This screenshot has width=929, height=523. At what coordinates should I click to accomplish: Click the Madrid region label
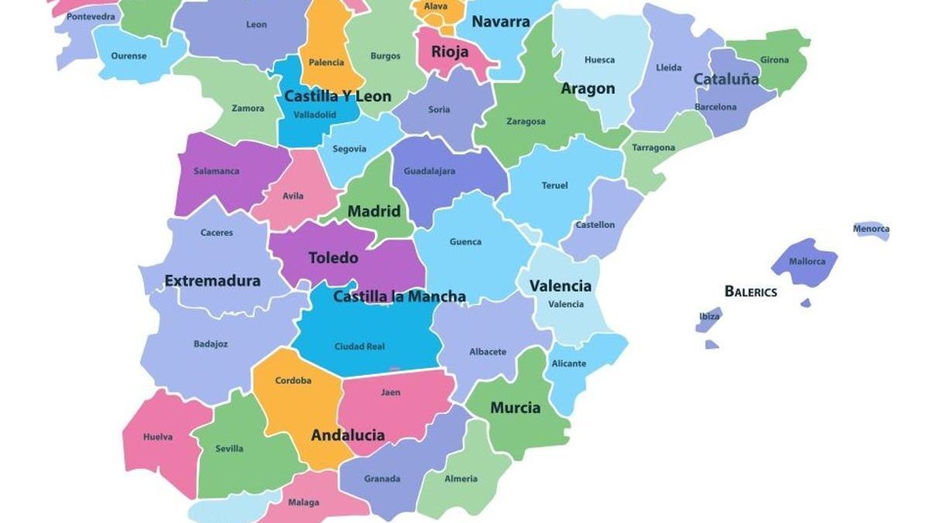[374, 212]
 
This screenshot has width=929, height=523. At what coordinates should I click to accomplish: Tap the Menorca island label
[871, 229]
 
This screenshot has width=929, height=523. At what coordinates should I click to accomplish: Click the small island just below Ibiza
[711, 345]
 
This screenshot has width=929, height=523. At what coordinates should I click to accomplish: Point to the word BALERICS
[750, 292]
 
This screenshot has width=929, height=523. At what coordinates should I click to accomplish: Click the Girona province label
[774, 60]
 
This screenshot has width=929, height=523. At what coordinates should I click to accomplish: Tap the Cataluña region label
[725, 79]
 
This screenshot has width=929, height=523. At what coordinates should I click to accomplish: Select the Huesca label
[599, 60]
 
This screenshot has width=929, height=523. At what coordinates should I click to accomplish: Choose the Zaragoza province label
[526, 122]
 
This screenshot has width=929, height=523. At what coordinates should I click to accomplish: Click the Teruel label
[554, 185]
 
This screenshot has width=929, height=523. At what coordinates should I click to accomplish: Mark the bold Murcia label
[515, 408]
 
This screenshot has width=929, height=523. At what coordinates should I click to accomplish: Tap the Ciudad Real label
[359, 346]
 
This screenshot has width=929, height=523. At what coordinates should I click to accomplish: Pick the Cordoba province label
[293, 380]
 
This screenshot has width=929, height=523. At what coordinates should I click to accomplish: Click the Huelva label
[158, 437]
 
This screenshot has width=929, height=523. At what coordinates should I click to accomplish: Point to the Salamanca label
[216, 171]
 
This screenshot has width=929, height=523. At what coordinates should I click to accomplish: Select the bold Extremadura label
[212, 281]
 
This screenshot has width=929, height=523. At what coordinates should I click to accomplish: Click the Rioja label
[450, 53]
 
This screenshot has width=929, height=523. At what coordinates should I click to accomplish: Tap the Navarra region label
[500, 22]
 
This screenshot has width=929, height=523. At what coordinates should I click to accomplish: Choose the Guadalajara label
[430, 171]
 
